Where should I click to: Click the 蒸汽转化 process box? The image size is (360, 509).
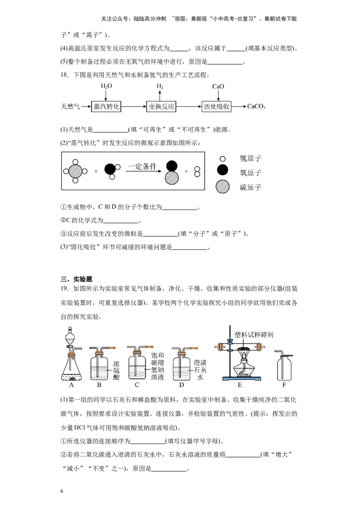[106, 107]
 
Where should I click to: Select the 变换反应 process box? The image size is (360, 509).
[161, 107]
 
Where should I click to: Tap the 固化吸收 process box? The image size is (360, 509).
[217, 107]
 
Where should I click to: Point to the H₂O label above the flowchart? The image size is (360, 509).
[106, 86]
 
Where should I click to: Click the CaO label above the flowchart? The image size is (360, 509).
[218, 86]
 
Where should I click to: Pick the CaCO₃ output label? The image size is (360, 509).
[256, 107]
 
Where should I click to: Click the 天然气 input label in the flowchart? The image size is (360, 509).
[70, 107]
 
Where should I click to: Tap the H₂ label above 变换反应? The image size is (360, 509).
[160, 86]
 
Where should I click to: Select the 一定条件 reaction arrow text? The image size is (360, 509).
[142, 166]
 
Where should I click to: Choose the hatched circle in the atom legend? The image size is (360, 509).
[222, 187]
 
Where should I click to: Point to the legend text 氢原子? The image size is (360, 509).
[251, 158]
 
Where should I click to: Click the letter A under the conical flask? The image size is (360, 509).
[72, 385]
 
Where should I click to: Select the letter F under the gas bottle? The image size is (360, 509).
[284, 385]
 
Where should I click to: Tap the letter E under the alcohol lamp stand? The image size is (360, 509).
[239, 385]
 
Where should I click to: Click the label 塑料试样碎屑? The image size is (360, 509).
[254, 335]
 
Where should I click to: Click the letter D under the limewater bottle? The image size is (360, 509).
[181, 385]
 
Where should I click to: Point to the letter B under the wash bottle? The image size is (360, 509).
[99, 385]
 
